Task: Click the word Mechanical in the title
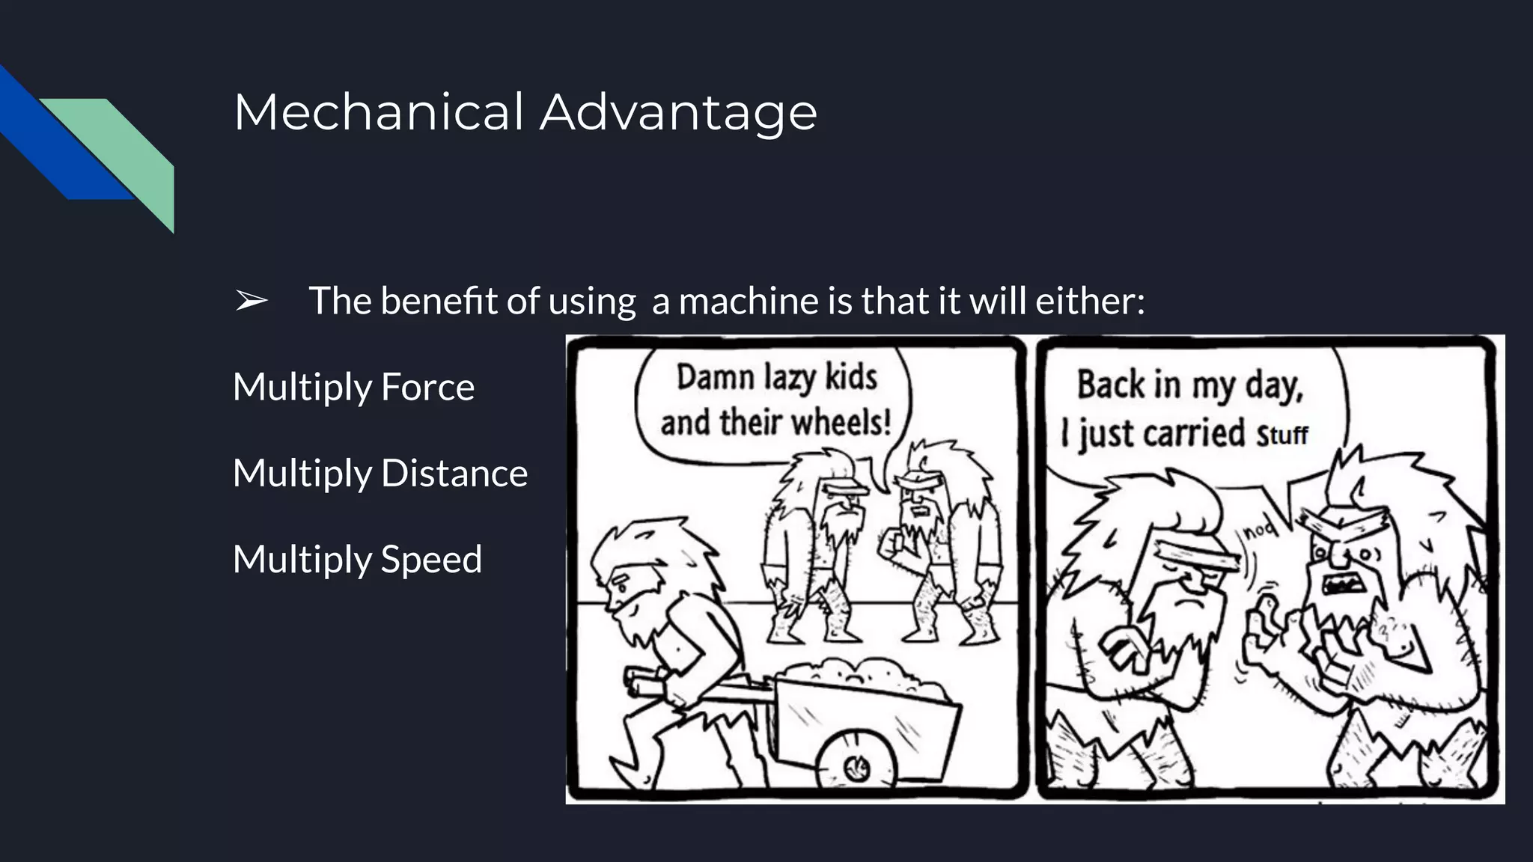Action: [379, 112]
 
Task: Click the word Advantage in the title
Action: [678, 112]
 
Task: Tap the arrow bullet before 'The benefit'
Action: [252, 301]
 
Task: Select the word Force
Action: [427, 387]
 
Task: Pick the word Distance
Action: [454, 473]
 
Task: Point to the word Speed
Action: [431, 559]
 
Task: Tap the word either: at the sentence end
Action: [1090, 301]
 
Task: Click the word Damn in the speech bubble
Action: [715, 376]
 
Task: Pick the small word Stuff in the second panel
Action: [1281, 435]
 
